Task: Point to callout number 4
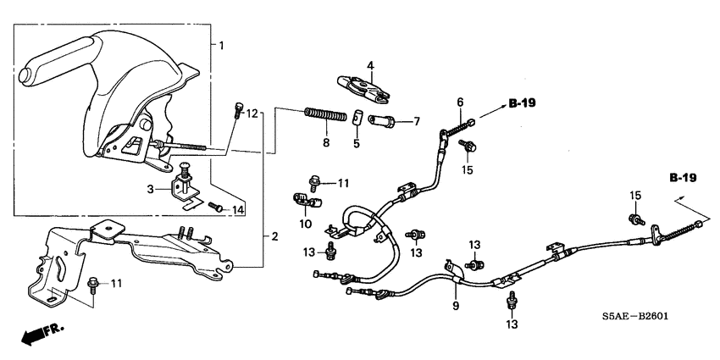pyautogui.click(x=370, y=64)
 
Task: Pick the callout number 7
pyautogui.click(x=415, y=122)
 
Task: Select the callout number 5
pyautogui.click(x=357, y=143)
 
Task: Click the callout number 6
pyautogui.click(x=460, y=102)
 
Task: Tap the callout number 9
pyautogui.click(x=456, y=305)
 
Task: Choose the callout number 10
pyautogui.click(x=305, y=224)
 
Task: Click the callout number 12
pyautogui.click(x=252, y=113)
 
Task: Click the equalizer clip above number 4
pyautogui.click(x=359, y=85)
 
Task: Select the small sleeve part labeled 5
pyautogui.click(x=359, y=118)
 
